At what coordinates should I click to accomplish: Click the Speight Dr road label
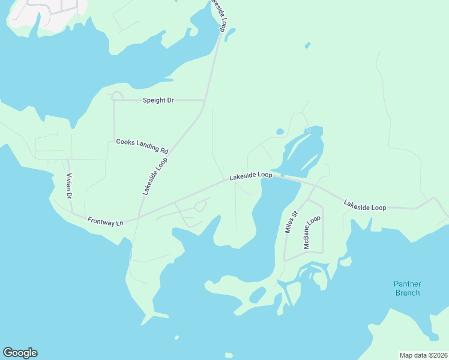(x=158, y=100)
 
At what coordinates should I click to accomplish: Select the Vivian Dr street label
(x=68, y=186)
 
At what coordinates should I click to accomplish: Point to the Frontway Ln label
(x=105, y=221)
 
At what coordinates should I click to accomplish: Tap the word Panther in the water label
(x=407, y=284)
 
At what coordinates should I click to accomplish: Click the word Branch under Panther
(x=407, y=293)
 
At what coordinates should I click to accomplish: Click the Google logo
(x=20, y=353)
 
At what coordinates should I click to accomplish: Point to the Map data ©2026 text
(x=423, y=355)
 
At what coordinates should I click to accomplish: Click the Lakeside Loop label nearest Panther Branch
(x=364, y=205)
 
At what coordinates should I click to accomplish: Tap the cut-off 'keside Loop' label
(x=218, y=16)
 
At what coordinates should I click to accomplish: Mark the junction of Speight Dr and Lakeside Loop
(x=206, y=100)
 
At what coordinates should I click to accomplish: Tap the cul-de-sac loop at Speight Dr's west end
(x=117, y=96)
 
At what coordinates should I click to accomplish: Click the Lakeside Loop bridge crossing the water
(x=286, y=178)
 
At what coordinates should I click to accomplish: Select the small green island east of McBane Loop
(x=345, y=262)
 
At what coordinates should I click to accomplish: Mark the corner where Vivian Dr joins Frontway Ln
(x=72, y=213)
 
